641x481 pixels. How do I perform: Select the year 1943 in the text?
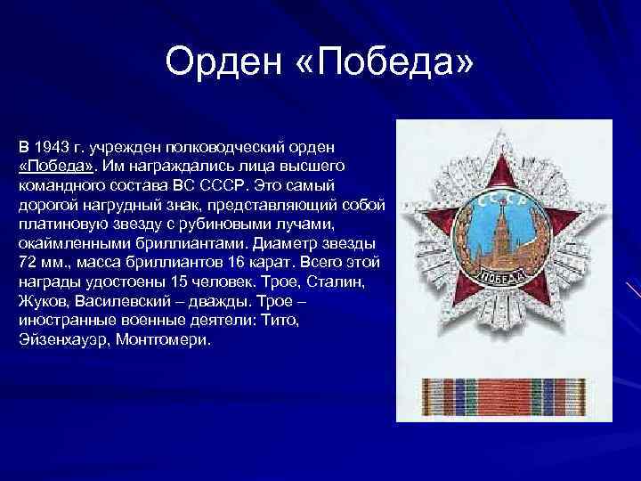click(x=52, y=146)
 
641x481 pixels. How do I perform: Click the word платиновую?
click(x=59, y=224)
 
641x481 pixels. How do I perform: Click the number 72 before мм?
click(x=26, y=264)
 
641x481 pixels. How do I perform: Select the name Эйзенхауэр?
click(x=58, y=340)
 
